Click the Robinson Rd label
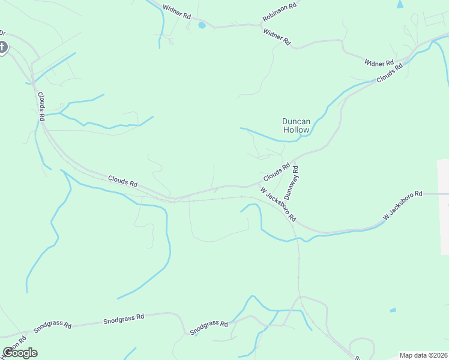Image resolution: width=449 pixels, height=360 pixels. tap(280, 13)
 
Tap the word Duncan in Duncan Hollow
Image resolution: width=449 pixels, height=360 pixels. tap(297, 121)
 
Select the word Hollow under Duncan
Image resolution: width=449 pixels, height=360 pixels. tap(297, 130)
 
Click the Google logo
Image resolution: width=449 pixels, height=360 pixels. tap(20, 352)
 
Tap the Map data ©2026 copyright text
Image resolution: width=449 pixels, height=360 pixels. tap(423, 355)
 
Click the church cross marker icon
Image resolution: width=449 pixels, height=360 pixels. tap(2, 47)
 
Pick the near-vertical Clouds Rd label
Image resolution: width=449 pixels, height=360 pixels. tap(41, 106)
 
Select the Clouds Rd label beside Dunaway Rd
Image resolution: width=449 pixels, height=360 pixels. tap(276, 173)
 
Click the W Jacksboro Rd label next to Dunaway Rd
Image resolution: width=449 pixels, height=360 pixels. tap(277, 203)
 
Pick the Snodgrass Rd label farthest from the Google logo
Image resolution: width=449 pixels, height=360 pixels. tap(209, 328)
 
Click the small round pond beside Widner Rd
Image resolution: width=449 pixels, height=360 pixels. tap(202, 25)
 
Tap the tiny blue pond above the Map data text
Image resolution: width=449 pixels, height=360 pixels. tap(393, 310)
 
